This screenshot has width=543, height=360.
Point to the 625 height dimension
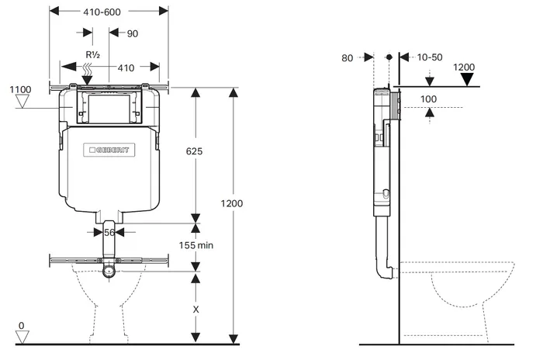pos(194,152)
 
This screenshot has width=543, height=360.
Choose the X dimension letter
pos(195,308)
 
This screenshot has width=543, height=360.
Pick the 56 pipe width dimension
pos(109,232)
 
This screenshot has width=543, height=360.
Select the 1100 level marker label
pos(20,90)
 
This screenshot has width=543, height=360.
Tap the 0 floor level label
pos(21,326)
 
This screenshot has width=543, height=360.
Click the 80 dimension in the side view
pos(346,58)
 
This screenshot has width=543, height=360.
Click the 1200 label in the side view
pos(464,67)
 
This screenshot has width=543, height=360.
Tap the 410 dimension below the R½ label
pos(125,67)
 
